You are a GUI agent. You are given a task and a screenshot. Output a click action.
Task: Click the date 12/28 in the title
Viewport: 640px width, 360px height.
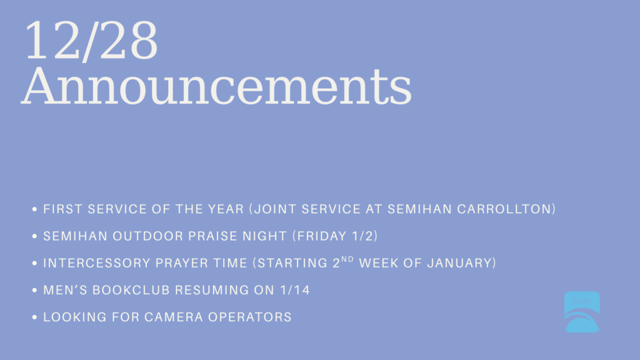pos(91,41)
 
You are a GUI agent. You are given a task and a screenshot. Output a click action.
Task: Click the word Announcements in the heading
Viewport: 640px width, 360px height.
pos(216,86)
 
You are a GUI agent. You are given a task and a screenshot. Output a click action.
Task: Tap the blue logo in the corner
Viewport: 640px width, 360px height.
pos(582,312)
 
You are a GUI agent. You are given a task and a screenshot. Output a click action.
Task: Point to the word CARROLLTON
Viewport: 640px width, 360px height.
pos(504,209)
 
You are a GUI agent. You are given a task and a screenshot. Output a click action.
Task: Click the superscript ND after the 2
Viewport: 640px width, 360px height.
pos(347,259)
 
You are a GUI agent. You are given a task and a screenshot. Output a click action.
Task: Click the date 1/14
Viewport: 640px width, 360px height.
pos(295,290)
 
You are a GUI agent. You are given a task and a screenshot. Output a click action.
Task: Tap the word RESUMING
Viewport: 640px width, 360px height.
pos(212,290)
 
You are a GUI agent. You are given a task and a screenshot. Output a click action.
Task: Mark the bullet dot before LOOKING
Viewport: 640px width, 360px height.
pos(34,317)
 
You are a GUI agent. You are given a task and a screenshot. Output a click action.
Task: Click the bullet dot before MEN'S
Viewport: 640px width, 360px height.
pos(34,290)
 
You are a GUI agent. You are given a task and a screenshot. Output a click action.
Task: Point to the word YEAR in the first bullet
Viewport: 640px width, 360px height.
pos(226,209)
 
